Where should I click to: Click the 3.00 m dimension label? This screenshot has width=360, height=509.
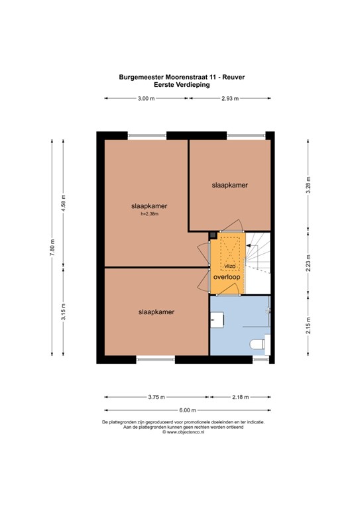[146, 99]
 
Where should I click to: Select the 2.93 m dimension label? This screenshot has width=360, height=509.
[230, 99]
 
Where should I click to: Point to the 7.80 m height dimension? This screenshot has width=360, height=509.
[52, 247]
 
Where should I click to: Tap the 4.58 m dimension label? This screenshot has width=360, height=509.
[64, 203]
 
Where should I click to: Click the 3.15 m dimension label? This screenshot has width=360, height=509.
[64, 312]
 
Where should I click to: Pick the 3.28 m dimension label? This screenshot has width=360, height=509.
[308, 185]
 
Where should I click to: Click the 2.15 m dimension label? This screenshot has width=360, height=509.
[308, 325]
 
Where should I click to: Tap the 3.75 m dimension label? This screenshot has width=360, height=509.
[156, 397]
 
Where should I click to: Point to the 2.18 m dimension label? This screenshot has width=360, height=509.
[241, 397]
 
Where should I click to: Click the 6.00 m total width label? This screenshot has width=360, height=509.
[188, 410]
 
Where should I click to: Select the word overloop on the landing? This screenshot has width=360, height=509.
[227, 277]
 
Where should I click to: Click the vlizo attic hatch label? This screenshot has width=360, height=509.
[230, 266]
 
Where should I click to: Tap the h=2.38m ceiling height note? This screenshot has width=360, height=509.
[149, 214]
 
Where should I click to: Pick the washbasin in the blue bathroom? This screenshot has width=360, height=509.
[217, 319]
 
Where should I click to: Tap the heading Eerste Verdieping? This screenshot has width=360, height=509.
[182, 85]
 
